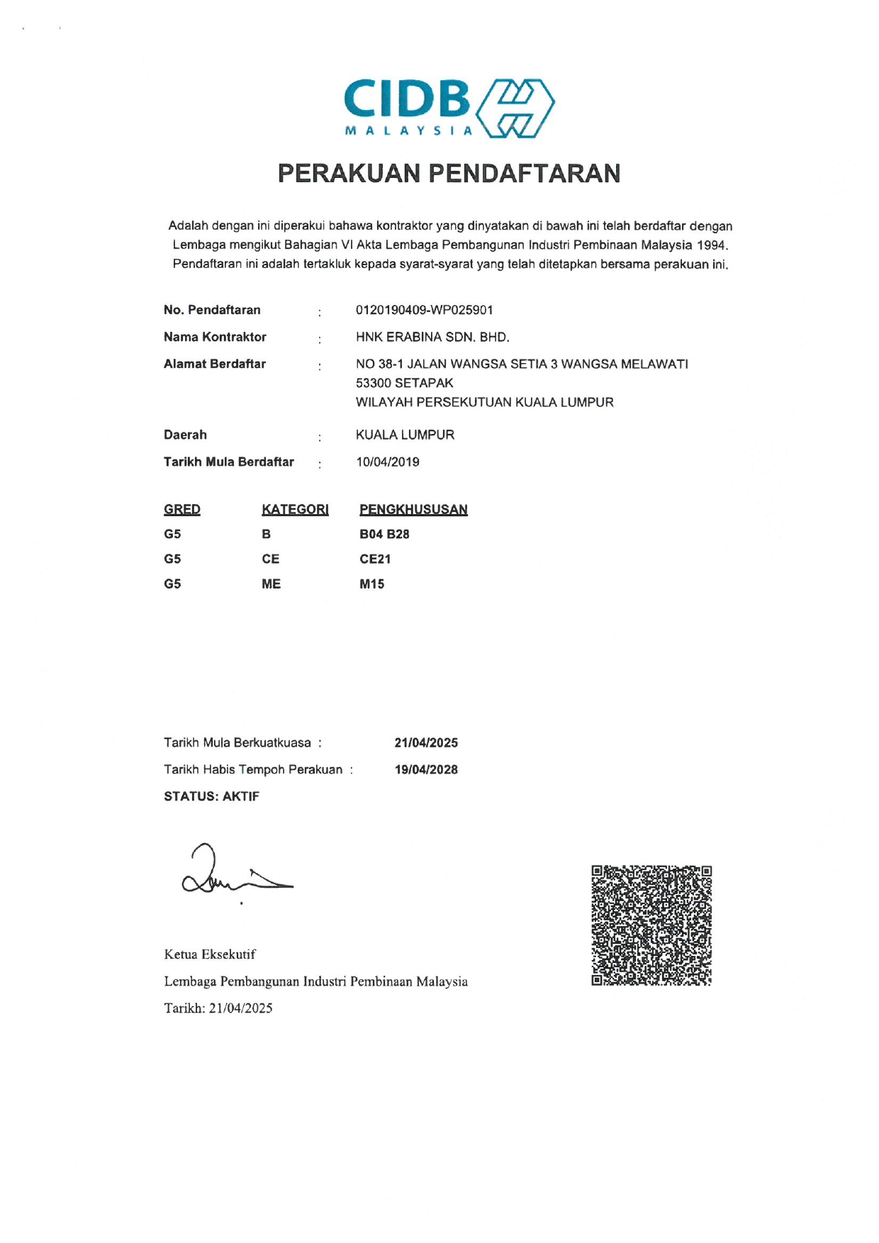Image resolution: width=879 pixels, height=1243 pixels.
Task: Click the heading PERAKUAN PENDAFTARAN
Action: pos(449,174)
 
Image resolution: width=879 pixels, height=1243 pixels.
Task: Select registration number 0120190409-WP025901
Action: pos(424,310)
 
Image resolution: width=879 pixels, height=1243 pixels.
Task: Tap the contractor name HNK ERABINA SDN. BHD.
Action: pos(432,337)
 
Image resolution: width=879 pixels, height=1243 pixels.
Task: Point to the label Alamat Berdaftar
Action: pos(214,364)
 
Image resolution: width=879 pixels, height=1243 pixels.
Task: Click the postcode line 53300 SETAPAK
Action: pos(404,383)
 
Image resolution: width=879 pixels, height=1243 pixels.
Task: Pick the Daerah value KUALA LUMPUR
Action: pos(405,435)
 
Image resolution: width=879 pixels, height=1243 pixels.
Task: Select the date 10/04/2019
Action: pos(388,462)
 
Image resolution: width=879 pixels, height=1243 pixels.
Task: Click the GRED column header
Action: pos(182,509)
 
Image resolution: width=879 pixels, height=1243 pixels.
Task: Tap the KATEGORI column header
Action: pos(295,509)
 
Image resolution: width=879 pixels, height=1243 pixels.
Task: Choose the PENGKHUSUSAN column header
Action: pos(413,509)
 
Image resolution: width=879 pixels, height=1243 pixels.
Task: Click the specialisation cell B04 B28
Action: pos(384,534)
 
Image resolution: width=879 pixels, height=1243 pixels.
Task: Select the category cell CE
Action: pos(270,559)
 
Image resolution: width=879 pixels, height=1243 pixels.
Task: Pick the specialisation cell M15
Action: pos(371,584)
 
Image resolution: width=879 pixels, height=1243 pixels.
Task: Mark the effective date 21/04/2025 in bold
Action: pos(426,743)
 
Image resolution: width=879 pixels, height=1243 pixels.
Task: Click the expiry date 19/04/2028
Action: pos(426,770)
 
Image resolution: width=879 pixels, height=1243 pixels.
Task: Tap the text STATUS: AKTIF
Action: pos(211,796)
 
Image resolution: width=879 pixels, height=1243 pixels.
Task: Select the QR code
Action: pos(651,925)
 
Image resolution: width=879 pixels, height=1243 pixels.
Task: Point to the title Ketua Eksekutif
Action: pos(210,954)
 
